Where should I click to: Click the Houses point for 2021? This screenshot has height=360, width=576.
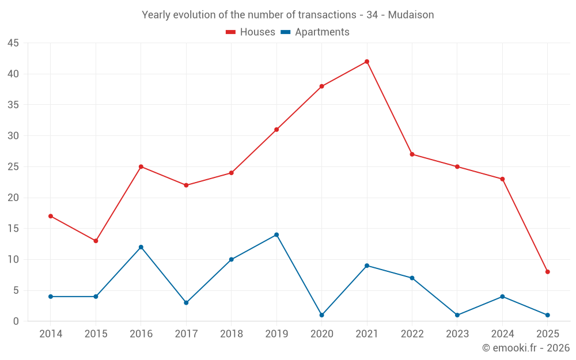(x=367, y=62)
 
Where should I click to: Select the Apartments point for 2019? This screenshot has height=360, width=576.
(x=276, y=234)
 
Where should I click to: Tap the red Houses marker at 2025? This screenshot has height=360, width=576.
(x=547, y=271)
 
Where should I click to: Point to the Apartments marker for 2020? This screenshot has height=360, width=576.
(x=321, y=315)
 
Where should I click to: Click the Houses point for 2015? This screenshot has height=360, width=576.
(x=96, y=241)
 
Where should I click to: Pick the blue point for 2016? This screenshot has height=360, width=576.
(x=141, y=247)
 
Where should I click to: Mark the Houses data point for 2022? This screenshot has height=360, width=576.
(x=412, y=154)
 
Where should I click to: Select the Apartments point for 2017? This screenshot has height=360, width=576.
(x=186, y=302)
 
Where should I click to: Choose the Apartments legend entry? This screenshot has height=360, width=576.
(x=321, y=32)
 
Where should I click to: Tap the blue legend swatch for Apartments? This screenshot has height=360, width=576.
(x=285, y=32)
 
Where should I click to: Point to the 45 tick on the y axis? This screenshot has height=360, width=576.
(x=13, y=43)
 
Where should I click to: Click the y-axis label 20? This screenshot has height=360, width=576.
(x=13, y=198)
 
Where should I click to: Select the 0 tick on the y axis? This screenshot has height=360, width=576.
(x=16, y=321)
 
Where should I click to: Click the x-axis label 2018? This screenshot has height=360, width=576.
(x=231, y=334)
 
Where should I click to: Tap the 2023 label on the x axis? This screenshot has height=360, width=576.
(x=457, y=334)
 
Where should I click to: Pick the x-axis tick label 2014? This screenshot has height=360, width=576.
(x=51, y=334)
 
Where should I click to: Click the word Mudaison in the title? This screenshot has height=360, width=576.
(x=411, y=14)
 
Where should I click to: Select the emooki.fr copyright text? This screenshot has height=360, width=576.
(x=525, y=348)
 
